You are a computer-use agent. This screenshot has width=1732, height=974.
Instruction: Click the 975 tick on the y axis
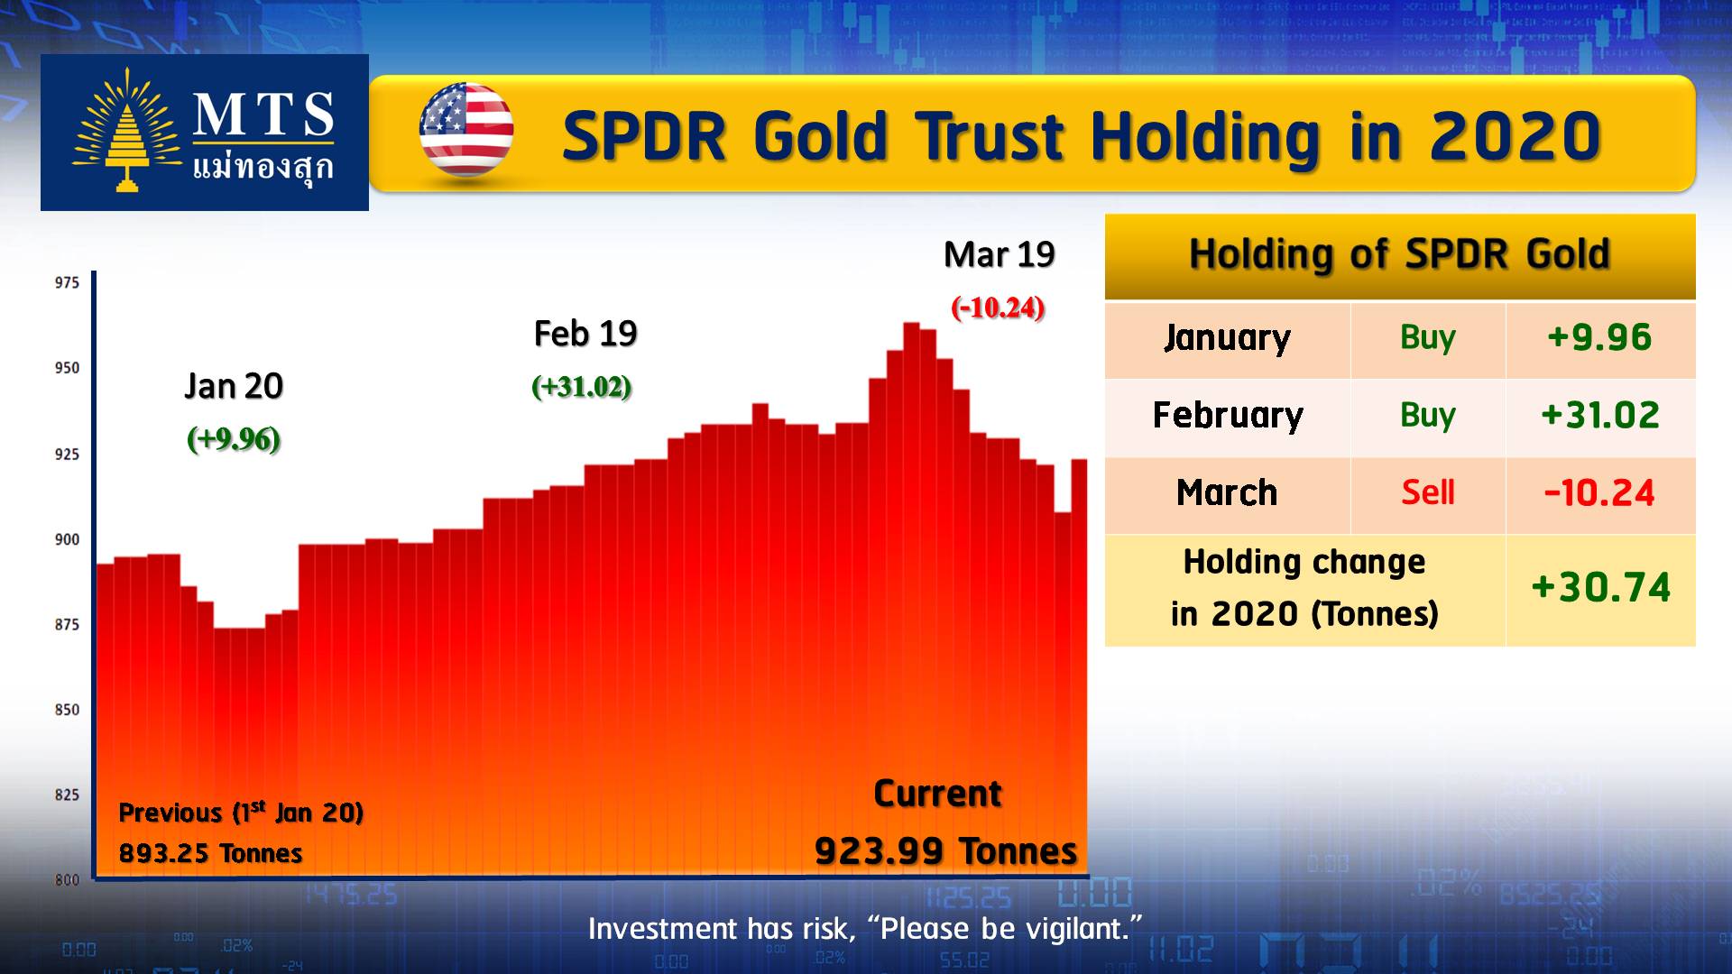click(68, 283)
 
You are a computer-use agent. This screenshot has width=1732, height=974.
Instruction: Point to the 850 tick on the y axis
click(68, 710)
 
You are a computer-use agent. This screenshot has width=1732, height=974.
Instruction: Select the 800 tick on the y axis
click(68, 880)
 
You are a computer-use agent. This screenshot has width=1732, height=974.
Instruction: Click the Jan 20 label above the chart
click(234, 386)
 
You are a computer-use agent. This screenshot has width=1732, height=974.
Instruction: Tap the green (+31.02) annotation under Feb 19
click(582, 387)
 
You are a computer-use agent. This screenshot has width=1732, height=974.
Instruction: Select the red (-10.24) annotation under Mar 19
click(998, 308)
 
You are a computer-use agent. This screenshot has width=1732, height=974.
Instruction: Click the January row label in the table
click(1227, 338)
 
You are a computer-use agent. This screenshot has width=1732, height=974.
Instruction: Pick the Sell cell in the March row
click(1428, 492)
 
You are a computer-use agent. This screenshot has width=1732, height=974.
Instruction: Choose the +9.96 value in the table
click(1599, 337)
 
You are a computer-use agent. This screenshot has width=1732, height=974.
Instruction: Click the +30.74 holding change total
click(1601, 588)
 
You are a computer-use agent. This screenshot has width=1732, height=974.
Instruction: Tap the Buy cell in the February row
click(1428, 416)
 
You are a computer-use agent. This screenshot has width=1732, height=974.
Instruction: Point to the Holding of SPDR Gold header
click(1399, 254)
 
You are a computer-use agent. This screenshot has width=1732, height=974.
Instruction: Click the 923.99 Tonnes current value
click(945, 850)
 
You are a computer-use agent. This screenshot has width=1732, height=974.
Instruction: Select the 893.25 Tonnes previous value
click(210, 853)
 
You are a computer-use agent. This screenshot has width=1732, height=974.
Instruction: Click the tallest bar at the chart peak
click(911, 600)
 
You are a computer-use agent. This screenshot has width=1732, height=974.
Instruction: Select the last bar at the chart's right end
click(1080, 668)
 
